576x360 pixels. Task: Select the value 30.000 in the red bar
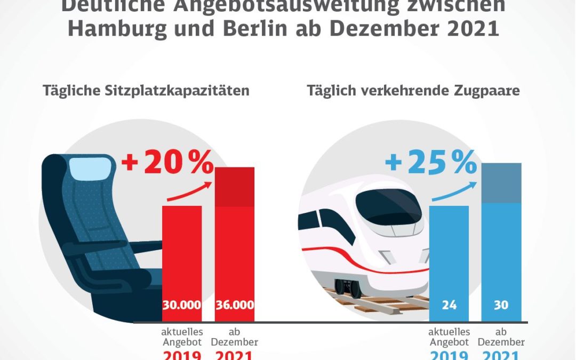pyautogui.click(x=182, y=306)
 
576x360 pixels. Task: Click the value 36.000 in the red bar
pyautogui.click(x=235, y=306)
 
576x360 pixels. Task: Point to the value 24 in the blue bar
pyautogui.click(x=449, y=306)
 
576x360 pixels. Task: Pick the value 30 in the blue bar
pyautogui.click(x=501, y=306)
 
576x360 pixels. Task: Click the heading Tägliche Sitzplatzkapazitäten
pyautogui.click(x=146, y=90)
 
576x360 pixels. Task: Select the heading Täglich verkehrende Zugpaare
pyautogui.click(x=413, y=90)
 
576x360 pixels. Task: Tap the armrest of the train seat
pyautogui.click(x=144, y=246)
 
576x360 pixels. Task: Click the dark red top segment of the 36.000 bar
pyautogui.click(x=235, y=187)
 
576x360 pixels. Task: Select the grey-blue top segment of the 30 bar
pyautogui.click(x=501, y=183)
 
